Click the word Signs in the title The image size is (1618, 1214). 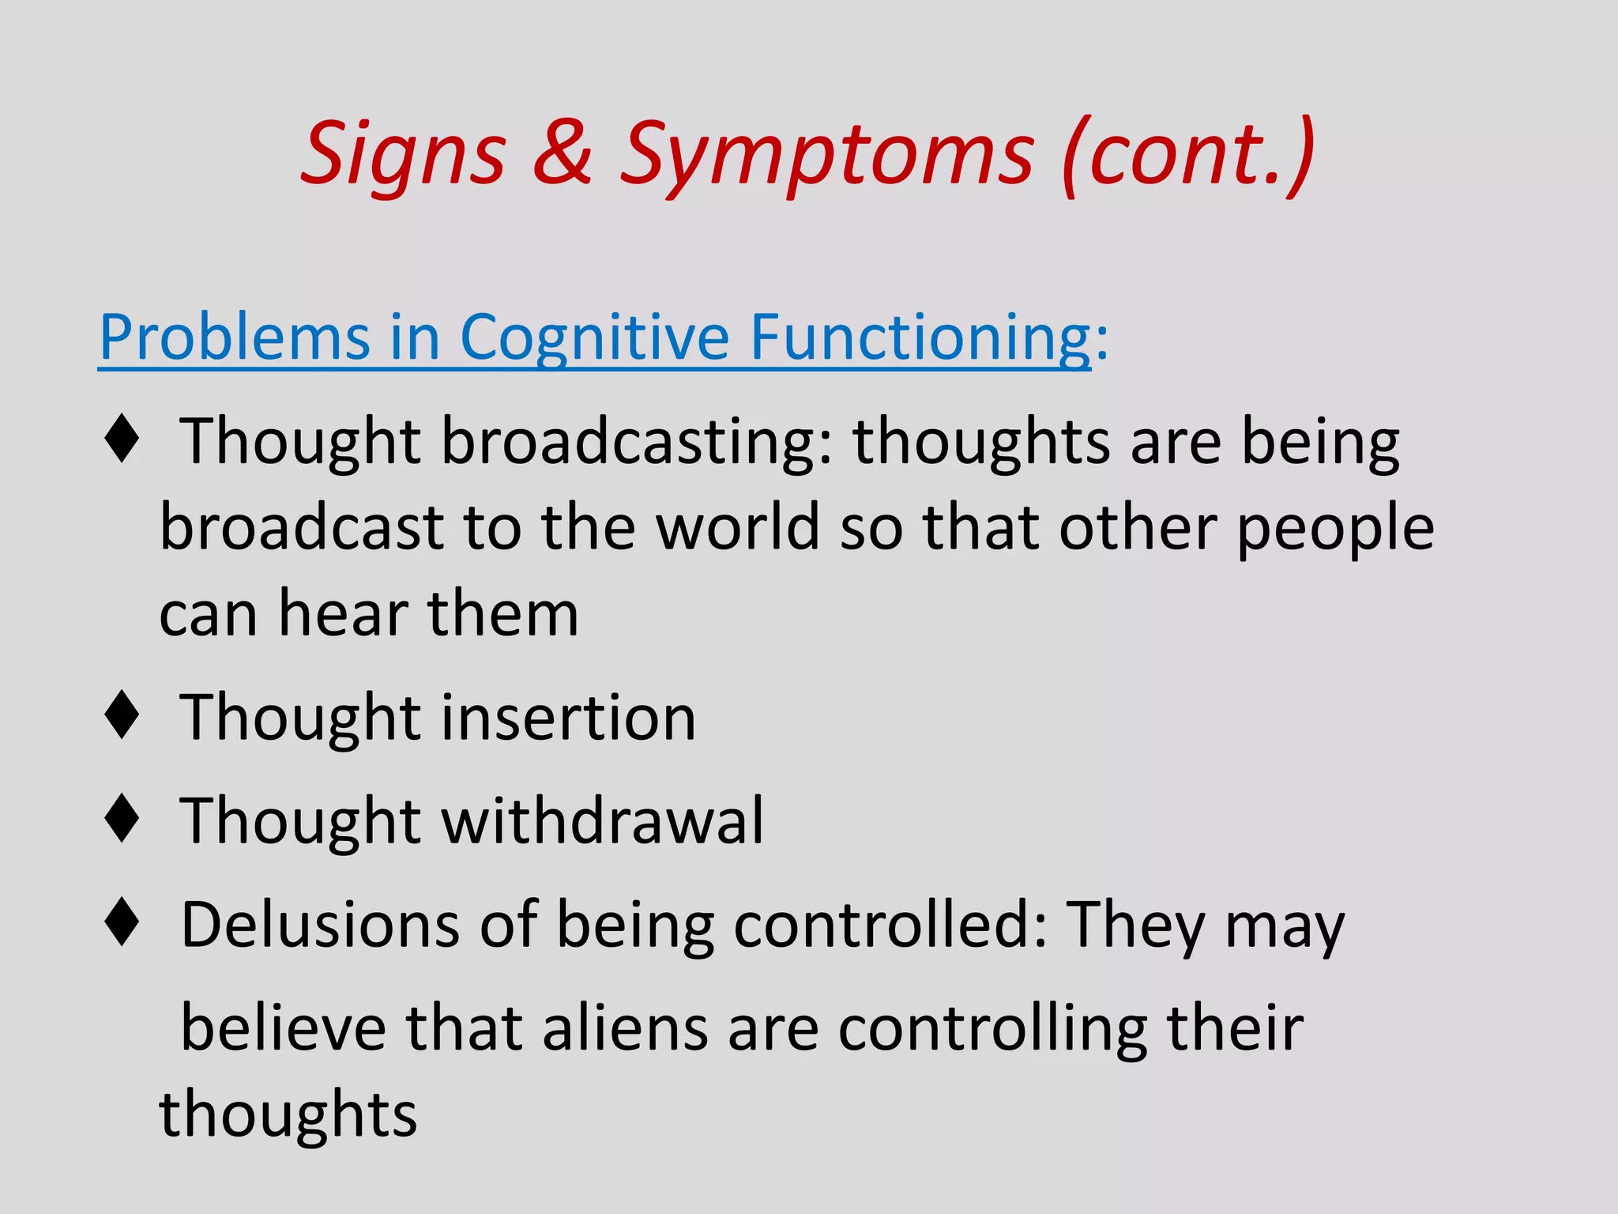[x=403, y=154]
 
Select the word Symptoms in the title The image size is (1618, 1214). [x=826, y=154]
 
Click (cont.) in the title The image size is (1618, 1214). [x=1188, y=154]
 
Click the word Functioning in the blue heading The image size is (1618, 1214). [x=920, y=338]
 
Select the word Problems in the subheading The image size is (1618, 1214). [x=234, y=338]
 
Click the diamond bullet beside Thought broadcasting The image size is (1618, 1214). [x=122, y=439]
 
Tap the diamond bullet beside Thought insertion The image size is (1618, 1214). [x=122, y=716]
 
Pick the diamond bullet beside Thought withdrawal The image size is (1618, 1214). [x=122, y=820]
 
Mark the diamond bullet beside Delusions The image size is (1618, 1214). [x=122, y=923]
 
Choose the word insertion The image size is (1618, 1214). [x=568, y=718]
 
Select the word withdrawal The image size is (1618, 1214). [x=602, y=821]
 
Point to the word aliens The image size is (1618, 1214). [x=625, y=1029]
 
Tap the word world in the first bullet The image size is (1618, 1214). [x=738, y=528]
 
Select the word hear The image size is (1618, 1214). [x=343, y=614]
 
